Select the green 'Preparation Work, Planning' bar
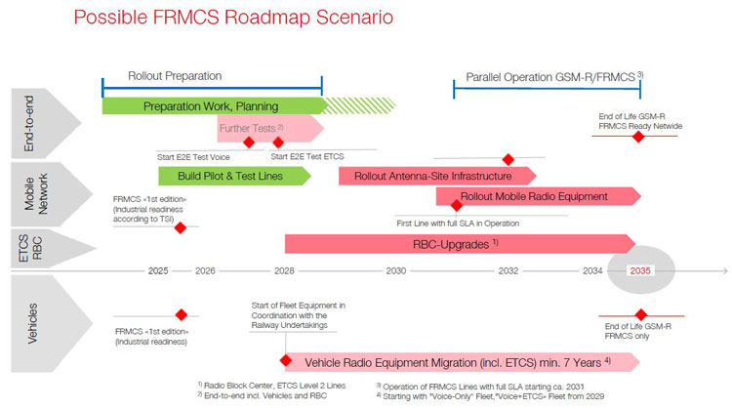pos(211,105)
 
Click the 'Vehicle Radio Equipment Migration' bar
pos(459,362)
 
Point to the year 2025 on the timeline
pos(158,270)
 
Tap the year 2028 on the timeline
pos(284,270)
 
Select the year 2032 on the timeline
pos(508,270)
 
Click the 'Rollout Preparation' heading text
pos(175,75)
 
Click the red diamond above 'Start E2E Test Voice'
pos(248,143)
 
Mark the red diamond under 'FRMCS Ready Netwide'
pos(639,137)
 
